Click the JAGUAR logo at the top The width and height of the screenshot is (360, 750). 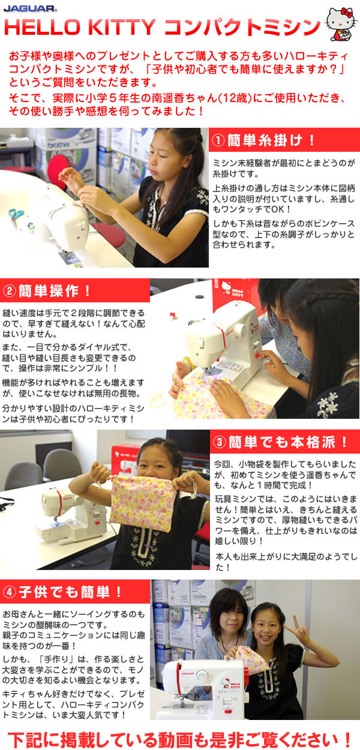coord(30,8)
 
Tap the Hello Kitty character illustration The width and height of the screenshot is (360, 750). coord(341,23)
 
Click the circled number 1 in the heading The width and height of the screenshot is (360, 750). coord(218,140)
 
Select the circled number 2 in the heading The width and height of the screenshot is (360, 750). coord(9,290)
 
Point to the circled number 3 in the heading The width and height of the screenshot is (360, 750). coord(220,442)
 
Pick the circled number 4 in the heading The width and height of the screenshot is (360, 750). coord(9,593)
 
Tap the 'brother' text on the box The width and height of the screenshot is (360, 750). coord(59,145)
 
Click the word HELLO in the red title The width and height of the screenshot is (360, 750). coord(42,28)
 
